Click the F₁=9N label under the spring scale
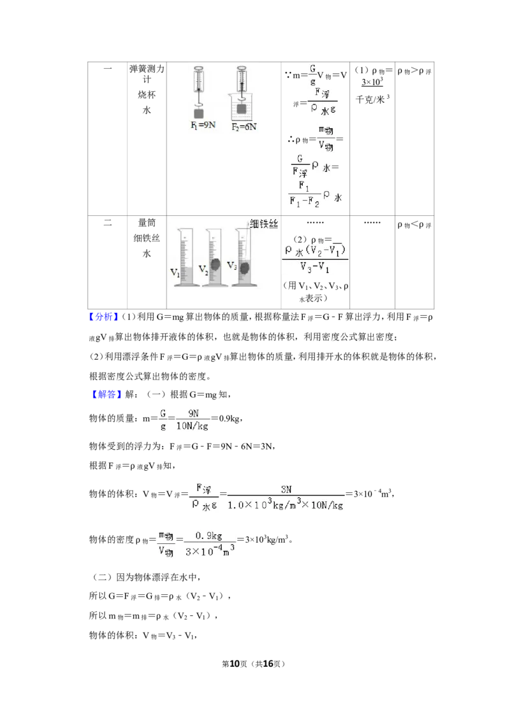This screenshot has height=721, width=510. pos(203,125)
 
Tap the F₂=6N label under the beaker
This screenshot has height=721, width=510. pos(244,127)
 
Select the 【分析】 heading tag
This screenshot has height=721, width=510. pos(103,317)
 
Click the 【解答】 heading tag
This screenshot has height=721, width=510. pos(103,394)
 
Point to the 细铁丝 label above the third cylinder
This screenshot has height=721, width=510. pos(264,224)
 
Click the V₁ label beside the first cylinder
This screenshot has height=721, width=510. pos(175,272)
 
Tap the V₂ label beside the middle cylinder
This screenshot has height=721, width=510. pos(203,269)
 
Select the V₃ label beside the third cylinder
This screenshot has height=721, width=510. pos(232,266)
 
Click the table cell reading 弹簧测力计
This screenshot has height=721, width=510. pos(147,74)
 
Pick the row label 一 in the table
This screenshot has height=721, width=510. pos(108,69)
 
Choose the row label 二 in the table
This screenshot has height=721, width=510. pos(108,222)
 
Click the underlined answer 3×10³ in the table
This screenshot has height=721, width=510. pos(372,82)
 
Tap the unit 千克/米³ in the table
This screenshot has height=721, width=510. pos(372,99)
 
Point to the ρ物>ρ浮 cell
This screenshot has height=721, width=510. pos(414,71)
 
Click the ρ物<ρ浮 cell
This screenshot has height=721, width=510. pos(414,225)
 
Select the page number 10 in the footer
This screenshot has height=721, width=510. pos(235,664)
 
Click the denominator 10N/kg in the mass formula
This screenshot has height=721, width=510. pos(192,426)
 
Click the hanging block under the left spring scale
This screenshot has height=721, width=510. pos(199,113)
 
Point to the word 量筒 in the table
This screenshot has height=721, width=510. pos(147,222)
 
